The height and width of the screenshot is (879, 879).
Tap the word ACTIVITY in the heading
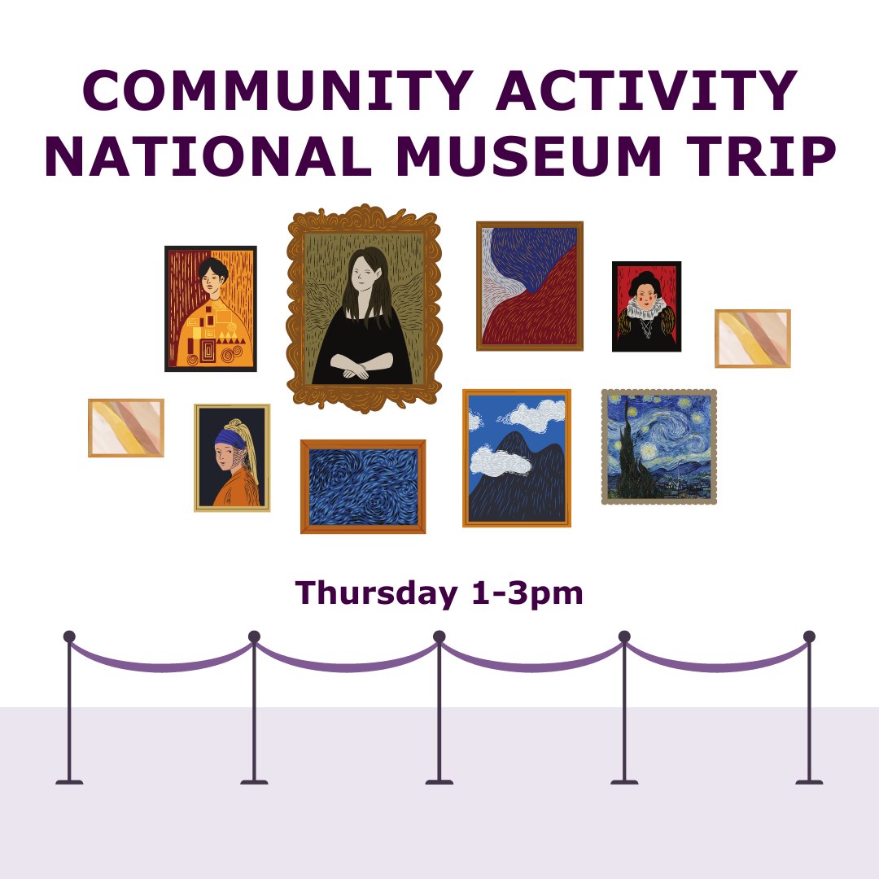click(648, 91)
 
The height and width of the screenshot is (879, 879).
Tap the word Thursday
click(376, 593)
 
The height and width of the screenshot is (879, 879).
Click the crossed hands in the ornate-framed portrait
click(356, 370)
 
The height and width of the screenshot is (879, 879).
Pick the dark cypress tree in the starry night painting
click(631, 456)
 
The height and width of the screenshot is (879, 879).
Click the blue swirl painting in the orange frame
click(363, 487)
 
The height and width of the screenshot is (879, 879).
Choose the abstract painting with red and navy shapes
click(530, 286)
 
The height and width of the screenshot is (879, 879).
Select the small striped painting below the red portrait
click(753, 339)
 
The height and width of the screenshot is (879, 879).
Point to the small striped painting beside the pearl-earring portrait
click(126, 427)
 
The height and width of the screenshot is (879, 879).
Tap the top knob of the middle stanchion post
click(439, 636)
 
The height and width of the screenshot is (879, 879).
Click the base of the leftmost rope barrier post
click(69, 781)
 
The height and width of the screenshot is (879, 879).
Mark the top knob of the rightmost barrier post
click(809, 636)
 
